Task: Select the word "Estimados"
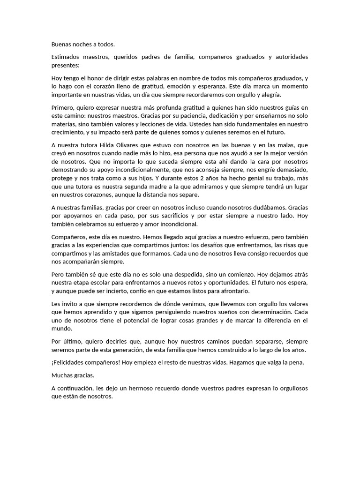[66, 57]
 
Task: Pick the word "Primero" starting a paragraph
[63, 108]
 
